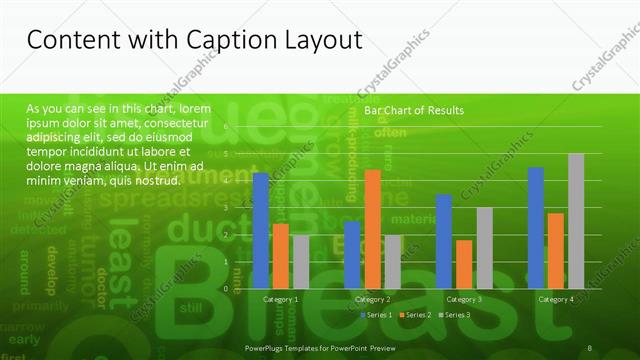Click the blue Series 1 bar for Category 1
[x=261, y=231]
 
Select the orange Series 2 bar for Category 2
[x=372, y=229]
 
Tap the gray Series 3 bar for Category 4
[x=576, y=221]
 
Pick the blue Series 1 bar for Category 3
[x=443, y=241]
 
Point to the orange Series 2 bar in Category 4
[x=555, y=250]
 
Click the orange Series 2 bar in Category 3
[x=464, y=264]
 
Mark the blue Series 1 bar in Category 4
[x=535, y=227]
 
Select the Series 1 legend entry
[x=379, y=315]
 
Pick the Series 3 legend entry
[x=456, y=315]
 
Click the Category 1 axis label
[x=281, y=299]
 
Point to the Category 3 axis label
[x=464, y=299]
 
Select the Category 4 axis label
[x=556, y=299]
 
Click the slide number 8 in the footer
[x=591, y=347]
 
